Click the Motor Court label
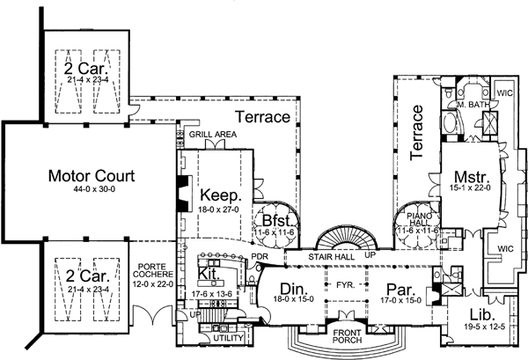point(84,177)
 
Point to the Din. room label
point(290,288)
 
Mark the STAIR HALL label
point(332,258)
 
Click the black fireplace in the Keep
point(181,192)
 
